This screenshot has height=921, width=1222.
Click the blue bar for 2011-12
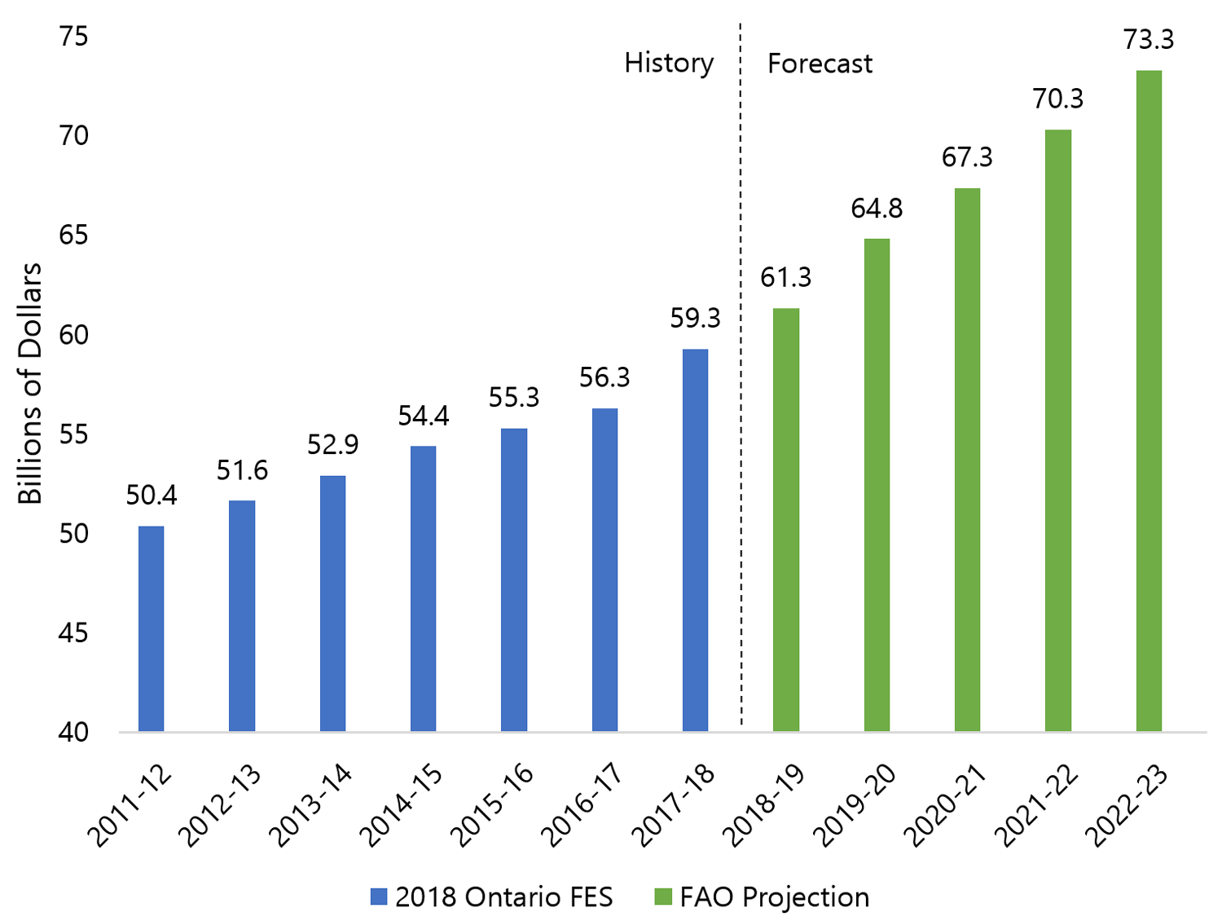151,628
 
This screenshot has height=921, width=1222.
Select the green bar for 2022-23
1149,401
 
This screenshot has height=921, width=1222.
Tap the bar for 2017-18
695,540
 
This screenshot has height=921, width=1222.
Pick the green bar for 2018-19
786,519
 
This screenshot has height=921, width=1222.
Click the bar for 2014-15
423,588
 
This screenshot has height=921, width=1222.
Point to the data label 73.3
1149,39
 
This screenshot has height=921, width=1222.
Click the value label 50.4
152,495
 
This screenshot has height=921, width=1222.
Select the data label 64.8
877,209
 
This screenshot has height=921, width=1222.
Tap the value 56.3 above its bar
604,377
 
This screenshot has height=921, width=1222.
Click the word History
669,63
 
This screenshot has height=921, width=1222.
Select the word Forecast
820,64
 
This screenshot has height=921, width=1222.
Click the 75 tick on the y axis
73,37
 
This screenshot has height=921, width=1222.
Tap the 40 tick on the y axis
73,732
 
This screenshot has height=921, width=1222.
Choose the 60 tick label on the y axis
73,334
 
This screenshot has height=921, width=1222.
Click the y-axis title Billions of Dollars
30,383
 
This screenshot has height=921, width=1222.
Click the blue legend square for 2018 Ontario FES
378,897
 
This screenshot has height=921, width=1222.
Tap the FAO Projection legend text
774,897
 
